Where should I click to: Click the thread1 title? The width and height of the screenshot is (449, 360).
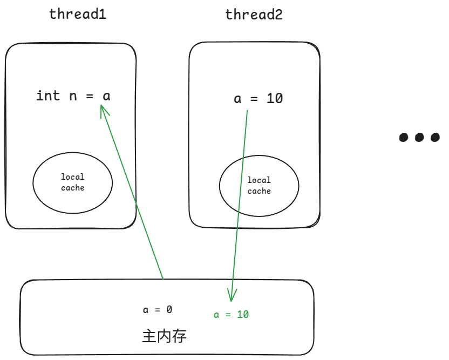[78, 15]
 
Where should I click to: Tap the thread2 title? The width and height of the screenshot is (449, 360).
[254, 15]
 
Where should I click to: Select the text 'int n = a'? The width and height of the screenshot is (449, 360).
[73, 96]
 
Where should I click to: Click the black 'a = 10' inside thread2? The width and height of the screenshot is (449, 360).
[258, 99]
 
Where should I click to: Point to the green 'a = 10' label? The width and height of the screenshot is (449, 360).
[232, 315]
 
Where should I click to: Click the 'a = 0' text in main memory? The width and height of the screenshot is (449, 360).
[158, 310]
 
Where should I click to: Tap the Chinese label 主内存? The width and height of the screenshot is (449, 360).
[164, 337]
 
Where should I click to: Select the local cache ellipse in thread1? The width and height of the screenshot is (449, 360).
[73, 182]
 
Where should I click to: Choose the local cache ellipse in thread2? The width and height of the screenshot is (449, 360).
[259, 186]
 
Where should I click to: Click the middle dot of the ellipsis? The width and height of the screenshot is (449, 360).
[419, 137]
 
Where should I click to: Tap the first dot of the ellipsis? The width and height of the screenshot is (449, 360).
[404, 137]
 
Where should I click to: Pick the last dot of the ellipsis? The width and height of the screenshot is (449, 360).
[435, 137]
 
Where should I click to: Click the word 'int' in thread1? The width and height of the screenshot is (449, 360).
[48, 96]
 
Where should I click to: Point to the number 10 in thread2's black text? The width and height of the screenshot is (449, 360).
[275, 99]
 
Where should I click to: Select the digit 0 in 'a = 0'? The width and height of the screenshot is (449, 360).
[169, 310]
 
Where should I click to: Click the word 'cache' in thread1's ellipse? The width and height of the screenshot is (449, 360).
[73, 188]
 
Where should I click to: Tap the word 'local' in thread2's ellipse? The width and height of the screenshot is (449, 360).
[259, 180]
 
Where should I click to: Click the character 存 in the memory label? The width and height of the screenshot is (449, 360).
[180, 337]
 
